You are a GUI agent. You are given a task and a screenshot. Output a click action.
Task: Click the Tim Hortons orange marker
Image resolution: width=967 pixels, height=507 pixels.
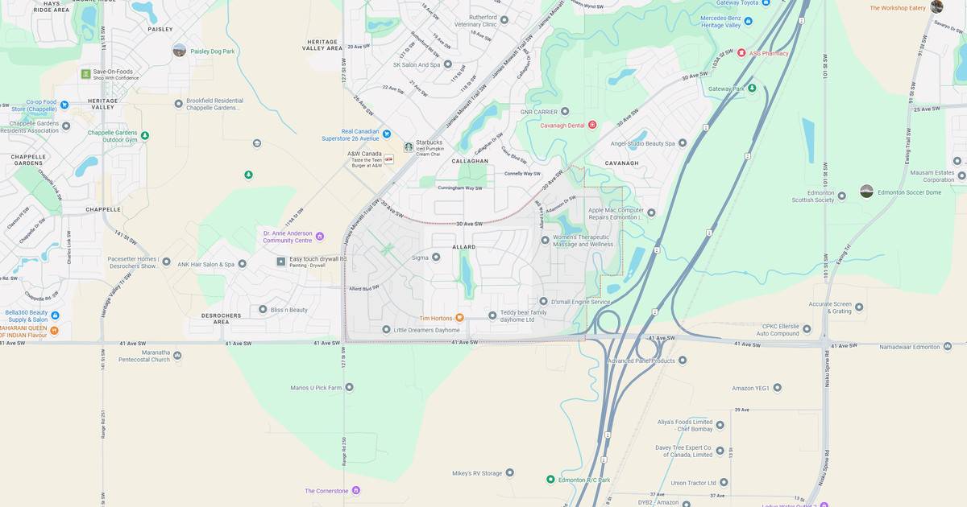[459, 318]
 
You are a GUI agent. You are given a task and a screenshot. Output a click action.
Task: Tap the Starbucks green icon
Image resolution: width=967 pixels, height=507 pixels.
[409, 146]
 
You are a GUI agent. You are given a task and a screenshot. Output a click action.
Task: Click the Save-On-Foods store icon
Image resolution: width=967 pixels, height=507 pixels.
[85, 74]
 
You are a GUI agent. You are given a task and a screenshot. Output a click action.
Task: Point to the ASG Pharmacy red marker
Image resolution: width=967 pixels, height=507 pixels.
[741, 53]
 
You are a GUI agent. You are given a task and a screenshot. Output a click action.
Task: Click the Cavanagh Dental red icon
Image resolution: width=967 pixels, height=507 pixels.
[592, 125]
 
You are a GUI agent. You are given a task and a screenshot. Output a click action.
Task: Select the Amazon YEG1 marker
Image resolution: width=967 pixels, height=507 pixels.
[777, 388]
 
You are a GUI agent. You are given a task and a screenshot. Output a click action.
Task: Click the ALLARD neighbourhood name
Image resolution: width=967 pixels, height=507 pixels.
[463, 247]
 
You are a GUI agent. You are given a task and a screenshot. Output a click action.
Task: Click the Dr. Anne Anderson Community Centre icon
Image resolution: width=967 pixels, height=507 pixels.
[320, 236]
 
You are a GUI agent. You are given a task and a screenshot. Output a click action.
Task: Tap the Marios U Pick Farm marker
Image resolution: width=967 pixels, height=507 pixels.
[349, 387]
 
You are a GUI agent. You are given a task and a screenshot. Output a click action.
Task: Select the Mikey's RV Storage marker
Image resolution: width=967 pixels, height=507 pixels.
[509, 473]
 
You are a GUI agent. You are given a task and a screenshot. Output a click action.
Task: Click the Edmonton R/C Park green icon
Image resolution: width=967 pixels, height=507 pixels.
[550, 480]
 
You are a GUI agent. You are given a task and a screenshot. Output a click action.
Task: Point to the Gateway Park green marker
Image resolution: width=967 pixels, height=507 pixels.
[751, 89]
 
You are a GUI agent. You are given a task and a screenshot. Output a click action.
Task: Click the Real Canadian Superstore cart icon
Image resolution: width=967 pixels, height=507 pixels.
[386, 134]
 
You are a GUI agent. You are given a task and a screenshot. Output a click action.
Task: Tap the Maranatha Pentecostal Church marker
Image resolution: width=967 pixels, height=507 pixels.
[177, 355]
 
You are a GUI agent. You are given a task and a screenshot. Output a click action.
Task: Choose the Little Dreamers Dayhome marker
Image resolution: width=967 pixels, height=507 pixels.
[386, 330]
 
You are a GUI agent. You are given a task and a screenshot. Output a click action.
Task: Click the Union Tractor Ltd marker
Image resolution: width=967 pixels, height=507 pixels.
[724, 483]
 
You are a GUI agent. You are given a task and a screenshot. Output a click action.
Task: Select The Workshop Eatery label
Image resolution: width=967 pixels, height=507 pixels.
[897, 8]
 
